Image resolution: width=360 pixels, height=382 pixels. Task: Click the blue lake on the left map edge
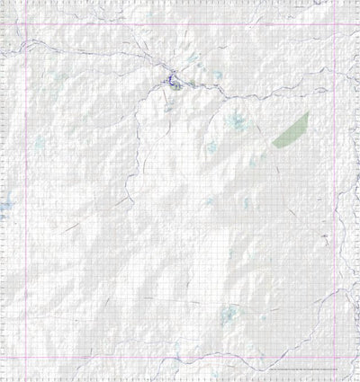coord(4,209)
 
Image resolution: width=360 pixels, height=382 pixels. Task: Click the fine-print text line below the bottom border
coord(306,371)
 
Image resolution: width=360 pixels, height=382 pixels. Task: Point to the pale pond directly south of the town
coord(169,109)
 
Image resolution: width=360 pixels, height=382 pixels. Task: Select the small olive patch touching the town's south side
coord(177,87)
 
